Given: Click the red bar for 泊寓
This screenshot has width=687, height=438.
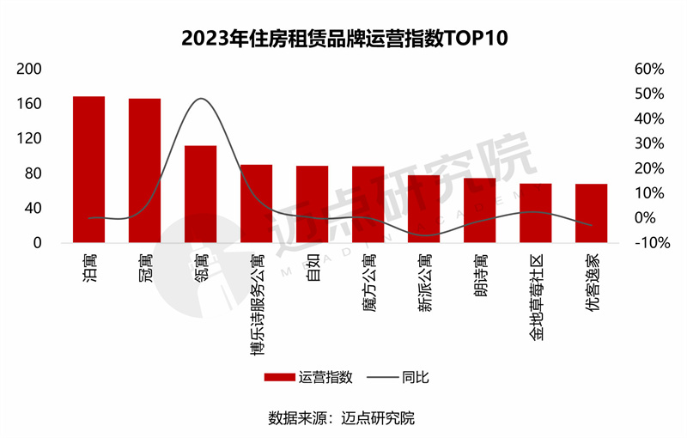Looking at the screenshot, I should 88,169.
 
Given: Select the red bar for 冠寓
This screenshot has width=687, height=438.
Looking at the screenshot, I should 144,170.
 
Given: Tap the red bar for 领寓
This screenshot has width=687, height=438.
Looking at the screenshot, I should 200,194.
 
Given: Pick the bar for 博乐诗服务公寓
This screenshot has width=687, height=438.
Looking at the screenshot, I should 256,204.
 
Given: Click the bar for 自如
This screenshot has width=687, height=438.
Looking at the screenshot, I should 312,204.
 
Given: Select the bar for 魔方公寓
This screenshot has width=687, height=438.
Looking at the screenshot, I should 368,204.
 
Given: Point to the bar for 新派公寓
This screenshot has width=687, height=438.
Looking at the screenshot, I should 423,209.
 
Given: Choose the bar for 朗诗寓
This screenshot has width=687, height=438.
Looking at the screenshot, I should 479,210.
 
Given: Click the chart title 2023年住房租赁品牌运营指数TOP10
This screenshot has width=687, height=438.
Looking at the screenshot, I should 343,39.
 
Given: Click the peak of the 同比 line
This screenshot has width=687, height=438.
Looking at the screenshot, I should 201,99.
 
